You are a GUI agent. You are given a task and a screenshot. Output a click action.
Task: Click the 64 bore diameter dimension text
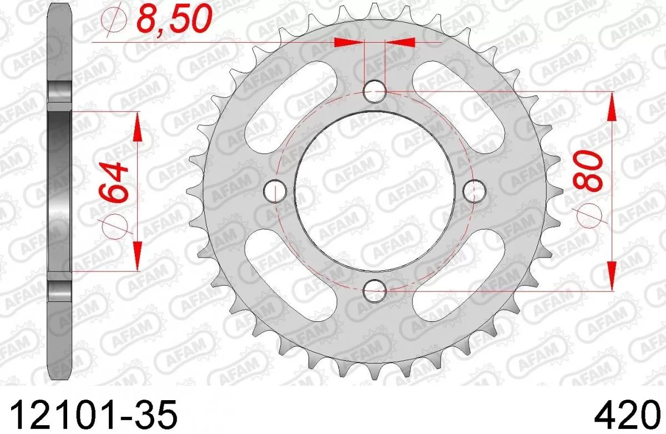tap(114, 183)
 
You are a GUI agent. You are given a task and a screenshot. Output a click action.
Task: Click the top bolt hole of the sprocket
tap(375, 91)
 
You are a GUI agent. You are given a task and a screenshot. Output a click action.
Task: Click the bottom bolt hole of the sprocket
tap(375, 289)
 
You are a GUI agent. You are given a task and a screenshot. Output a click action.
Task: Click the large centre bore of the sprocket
tap(374, 190)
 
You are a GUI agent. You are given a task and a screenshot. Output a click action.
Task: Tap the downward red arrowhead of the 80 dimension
tap(613, 274)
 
